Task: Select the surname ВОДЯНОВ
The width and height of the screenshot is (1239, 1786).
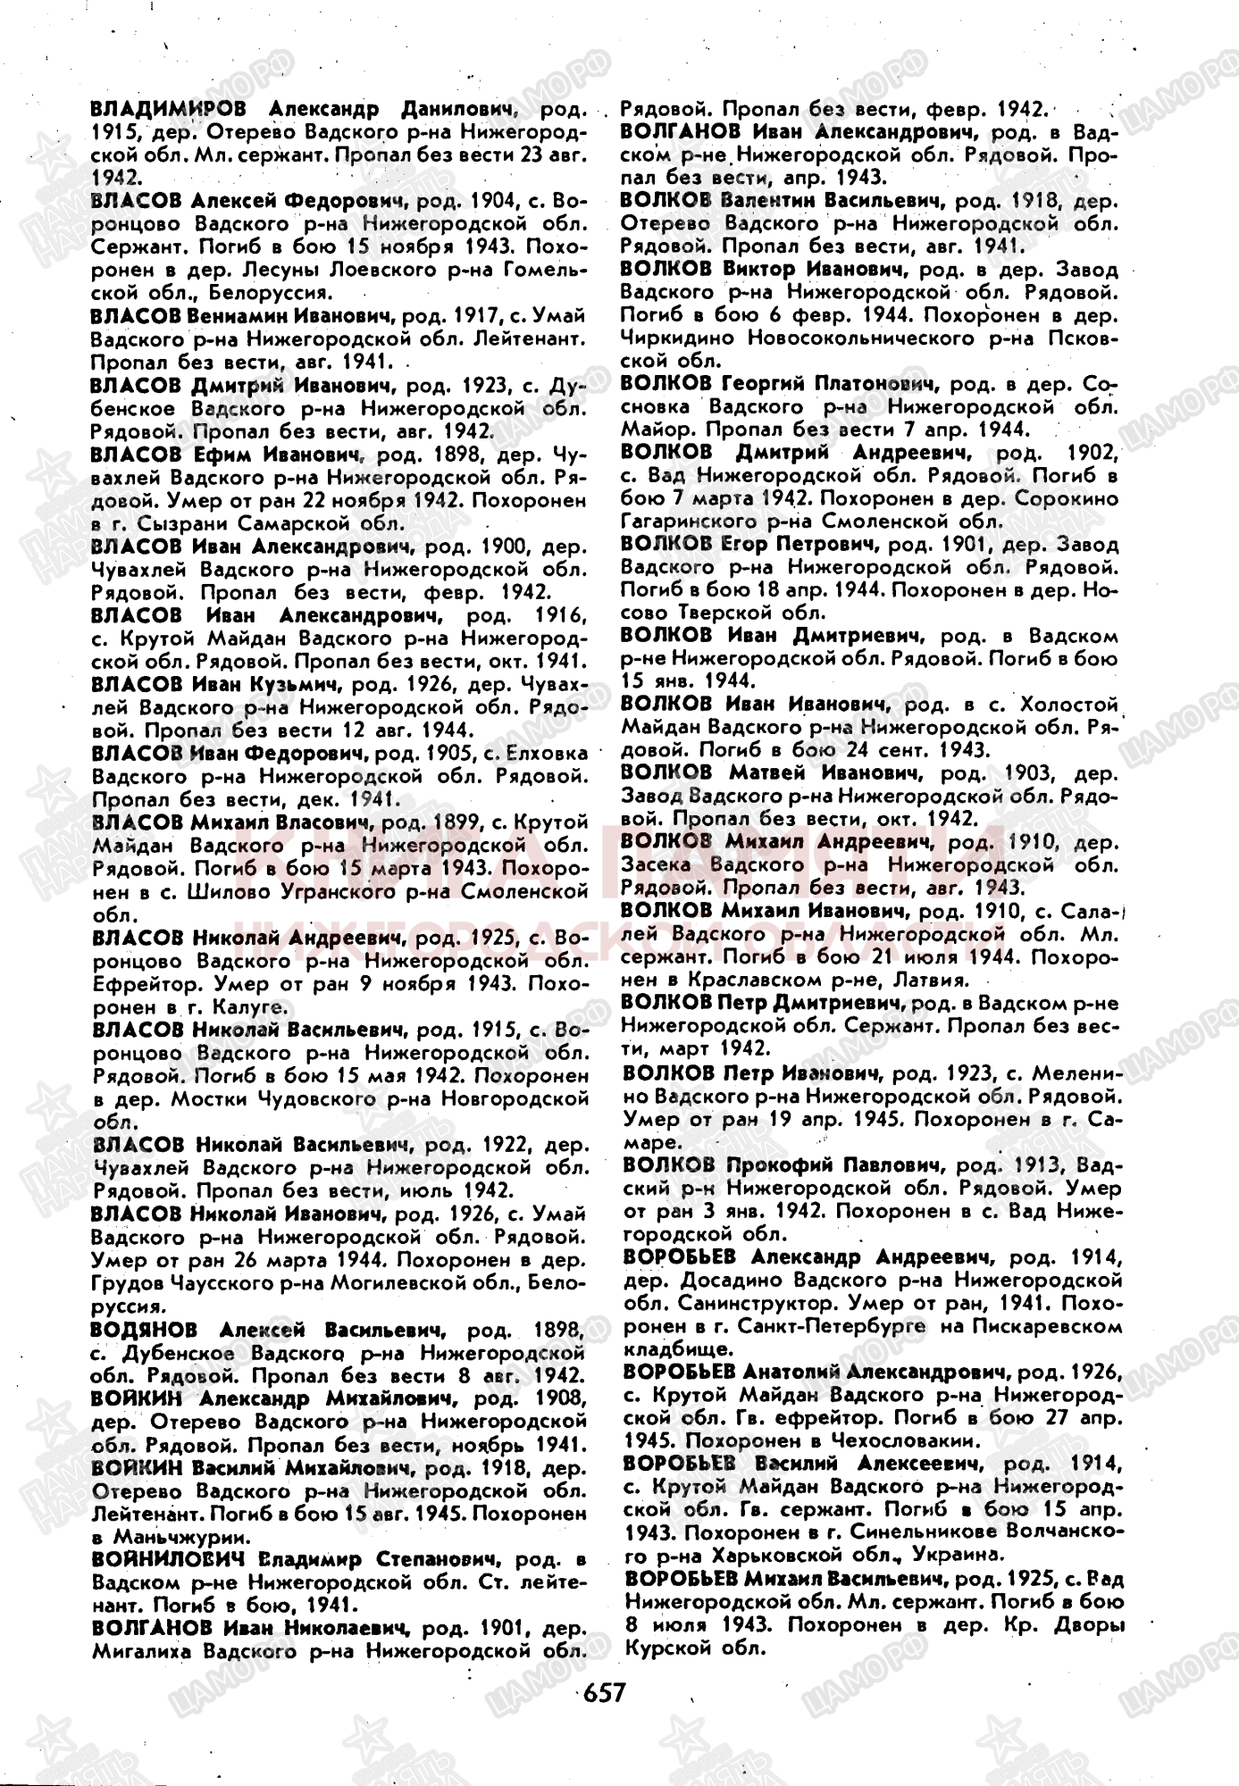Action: (144, 1329)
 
